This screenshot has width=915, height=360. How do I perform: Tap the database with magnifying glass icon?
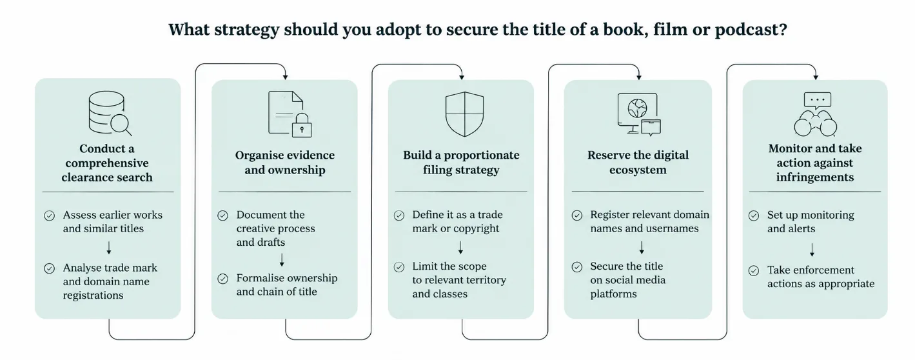(x=110, y=113)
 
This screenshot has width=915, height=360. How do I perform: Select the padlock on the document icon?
(x=302, y=125)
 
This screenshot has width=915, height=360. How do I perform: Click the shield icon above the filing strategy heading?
(x=464, y=114)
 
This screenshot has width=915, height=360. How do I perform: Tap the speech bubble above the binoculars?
(x=818, y=101)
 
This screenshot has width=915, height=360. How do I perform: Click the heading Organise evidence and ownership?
(x=285, y=162)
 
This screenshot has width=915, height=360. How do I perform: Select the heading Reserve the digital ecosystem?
(x=638, y=162)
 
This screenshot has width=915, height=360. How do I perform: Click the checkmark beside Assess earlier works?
(x=50, y=215)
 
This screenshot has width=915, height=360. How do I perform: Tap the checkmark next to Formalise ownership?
(x=222, y=279)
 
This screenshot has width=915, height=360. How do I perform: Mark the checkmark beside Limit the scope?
(x=399, y=267)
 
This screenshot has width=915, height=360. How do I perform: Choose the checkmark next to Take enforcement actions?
(x=754, y=270)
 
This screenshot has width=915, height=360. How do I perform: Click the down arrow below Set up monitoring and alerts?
(x=812, y=250)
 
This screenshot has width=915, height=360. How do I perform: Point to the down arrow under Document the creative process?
(x=282, y=260)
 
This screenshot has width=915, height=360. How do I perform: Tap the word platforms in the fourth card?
(x=613, y=294)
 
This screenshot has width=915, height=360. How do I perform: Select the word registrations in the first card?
(x=93, y=295)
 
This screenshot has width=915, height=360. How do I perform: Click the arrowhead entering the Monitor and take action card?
(x=816, y=77)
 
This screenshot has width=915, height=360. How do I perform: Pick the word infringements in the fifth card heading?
(x=815, y=177)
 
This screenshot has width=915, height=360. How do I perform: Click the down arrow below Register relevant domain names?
(x=642, y=248)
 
